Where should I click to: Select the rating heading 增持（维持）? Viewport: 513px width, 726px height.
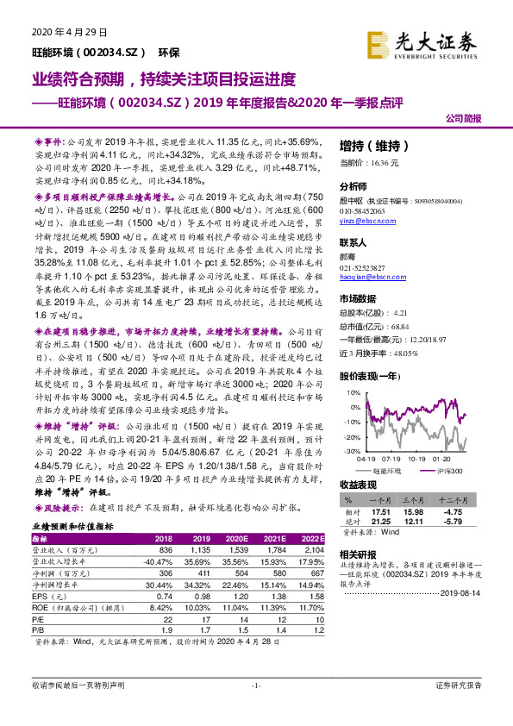[370, 146]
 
